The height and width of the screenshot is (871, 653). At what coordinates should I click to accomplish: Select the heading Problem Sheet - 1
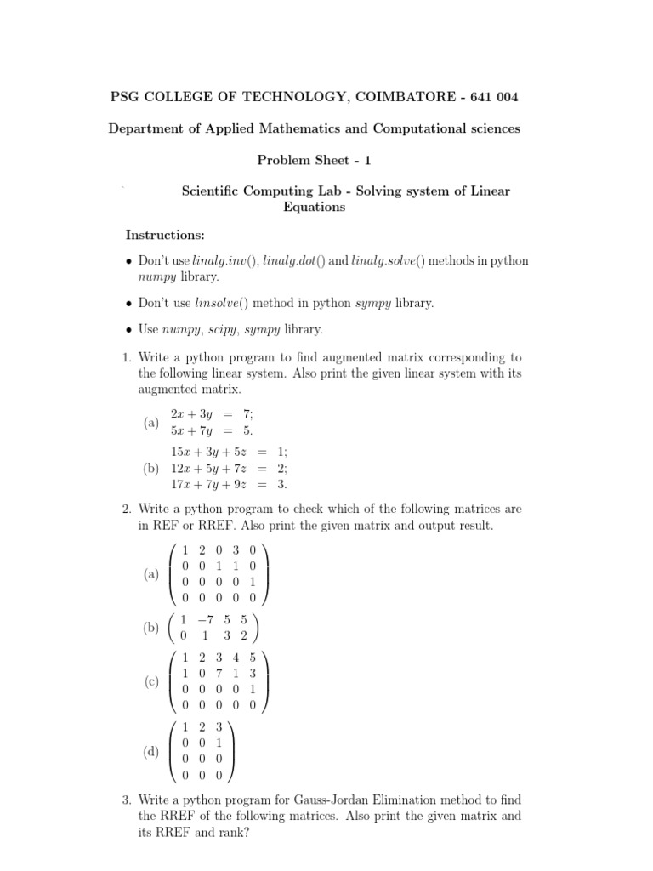click(x=314, y=160)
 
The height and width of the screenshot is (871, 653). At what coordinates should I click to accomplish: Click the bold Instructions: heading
click(x=165, y=235)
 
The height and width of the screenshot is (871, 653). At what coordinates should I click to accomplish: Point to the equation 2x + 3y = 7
click(x=212, y=413)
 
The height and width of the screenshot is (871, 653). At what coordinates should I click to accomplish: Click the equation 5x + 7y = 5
click(x=212, y=430)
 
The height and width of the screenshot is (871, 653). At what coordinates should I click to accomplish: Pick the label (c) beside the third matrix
click(x=151, y=681)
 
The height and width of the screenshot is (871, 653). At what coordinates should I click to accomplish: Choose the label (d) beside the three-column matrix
click(x=151, y=752)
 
